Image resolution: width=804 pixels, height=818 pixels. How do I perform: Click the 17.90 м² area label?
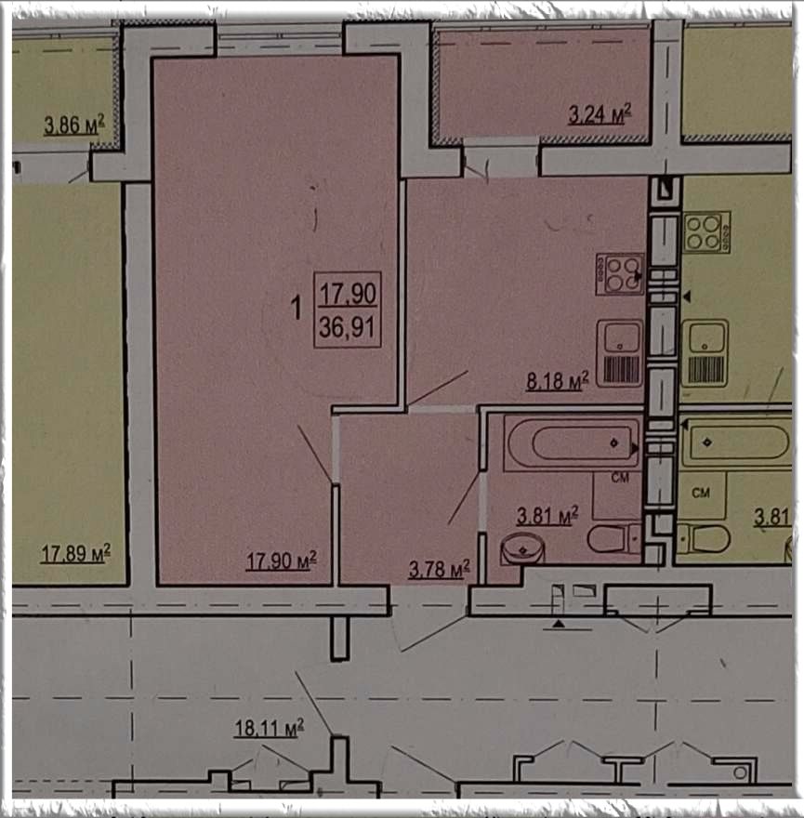coord(282,561)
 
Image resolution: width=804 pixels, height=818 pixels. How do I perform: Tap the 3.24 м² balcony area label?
coord(600,114)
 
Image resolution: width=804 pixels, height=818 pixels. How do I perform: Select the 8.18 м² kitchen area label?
coord(558,381)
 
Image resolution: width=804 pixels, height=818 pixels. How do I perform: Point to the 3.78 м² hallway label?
coord(440,569)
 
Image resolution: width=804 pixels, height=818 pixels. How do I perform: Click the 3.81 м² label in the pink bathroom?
coord(547,515)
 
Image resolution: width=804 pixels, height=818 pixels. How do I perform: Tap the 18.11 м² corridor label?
coord(270,727)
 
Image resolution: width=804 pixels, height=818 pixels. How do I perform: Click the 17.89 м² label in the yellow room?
coord(75,553)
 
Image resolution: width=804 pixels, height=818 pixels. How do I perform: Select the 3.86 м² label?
coord(74,125)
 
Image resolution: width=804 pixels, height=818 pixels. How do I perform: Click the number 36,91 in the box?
coord(347,327)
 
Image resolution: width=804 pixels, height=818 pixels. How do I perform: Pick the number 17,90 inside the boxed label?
coord(348,294)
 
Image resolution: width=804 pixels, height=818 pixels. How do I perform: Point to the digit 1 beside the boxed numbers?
coord(297,308)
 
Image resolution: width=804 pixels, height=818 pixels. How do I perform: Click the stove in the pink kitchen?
coord(620,274)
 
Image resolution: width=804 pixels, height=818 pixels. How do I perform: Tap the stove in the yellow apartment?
coord(706,232)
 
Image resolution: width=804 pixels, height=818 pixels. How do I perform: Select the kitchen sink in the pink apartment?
coord(620,353)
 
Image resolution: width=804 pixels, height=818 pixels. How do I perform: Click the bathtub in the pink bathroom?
coord(573,443)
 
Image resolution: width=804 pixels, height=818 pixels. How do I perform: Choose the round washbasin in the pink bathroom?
coord(522,548)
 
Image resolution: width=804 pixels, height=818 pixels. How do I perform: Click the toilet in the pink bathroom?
coord(613,538)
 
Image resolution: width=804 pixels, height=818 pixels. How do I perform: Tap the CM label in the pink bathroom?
coord(620,477)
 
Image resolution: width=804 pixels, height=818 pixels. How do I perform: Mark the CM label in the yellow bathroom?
coord(701,492)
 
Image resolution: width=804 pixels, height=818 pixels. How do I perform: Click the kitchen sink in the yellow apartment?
coord(705,353)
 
